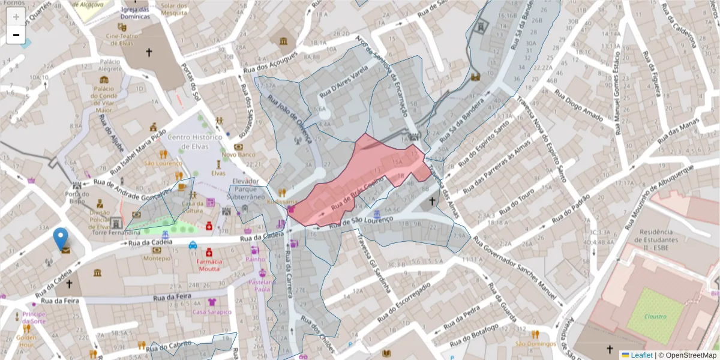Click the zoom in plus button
point(16,17)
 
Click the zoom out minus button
point(16,35)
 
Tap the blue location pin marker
point(61,238)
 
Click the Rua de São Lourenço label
point(362,221)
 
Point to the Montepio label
point(157,259)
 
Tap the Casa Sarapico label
point(212,312)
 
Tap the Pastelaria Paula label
point(262,286)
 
